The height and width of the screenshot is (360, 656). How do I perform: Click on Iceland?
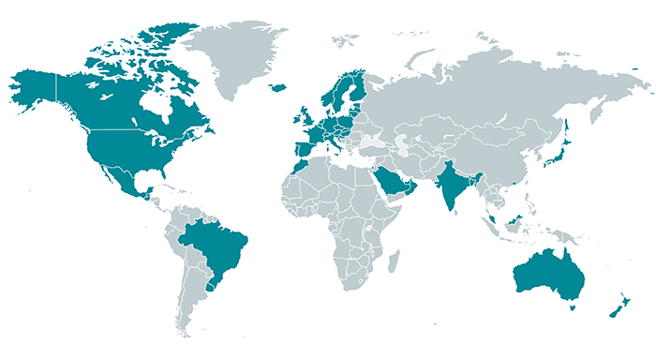point(278,87)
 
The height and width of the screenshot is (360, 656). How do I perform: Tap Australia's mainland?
point(544,273)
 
